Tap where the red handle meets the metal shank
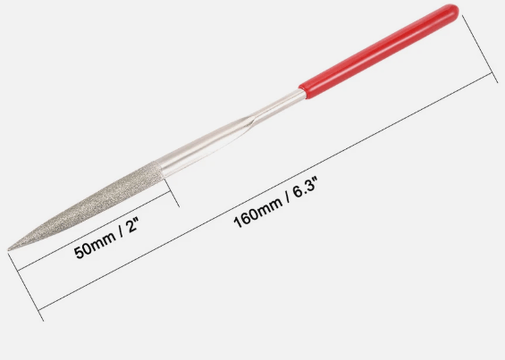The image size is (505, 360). coord(302,90)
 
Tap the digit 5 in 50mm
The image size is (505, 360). coord(78,254)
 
